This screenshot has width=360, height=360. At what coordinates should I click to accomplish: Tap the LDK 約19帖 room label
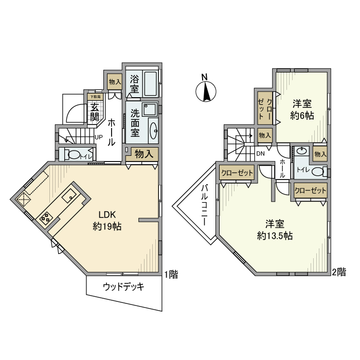107,220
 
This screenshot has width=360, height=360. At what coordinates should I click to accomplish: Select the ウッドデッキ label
123,287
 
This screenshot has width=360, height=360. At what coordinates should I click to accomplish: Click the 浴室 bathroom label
134,84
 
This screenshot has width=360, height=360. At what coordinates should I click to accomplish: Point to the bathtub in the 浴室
151,83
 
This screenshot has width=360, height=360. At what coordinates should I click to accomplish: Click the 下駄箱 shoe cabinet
95,96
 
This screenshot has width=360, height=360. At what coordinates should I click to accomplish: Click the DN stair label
260,153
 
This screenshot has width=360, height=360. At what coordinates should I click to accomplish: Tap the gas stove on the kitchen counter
45,218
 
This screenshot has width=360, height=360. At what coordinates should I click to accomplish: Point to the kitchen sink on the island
69,195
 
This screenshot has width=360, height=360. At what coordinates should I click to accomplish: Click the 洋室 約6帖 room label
302,109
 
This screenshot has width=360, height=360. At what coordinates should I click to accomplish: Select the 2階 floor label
338,272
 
